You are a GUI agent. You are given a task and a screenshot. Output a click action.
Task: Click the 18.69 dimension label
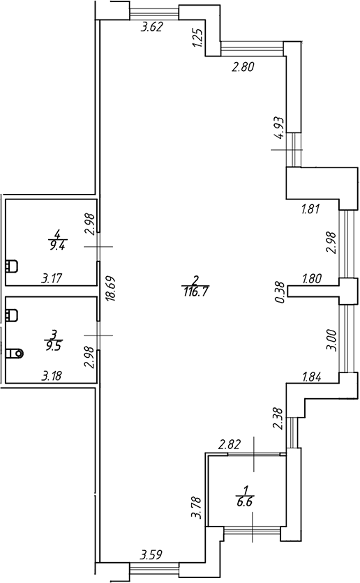pyautogui.click(x=112, y=288)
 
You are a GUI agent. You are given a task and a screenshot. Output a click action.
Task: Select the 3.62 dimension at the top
pyautogui.click(x=151, y=27)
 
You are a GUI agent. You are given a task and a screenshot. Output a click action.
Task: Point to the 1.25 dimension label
pyautogui.click(x=198, y=38)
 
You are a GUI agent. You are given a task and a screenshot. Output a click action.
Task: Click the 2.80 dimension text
pyautogui.click(x=243, y=67)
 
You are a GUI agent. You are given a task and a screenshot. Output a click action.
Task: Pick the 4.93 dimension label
pyautogui.click(x=278, y=128)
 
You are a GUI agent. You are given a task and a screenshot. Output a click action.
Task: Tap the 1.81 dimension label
pyautogui.click(x=310, y=209)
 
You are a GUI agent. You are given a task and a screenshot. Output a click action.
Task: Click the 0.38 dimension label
pyautogui.click(x=280, y=292)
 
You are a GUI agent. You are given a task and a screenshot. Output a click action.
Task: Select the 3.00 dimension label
pyautogui.click(x=331, y=340)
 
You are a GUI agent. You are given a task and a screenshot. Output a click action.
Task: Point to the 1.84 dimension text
pyautogui.click(x=311, y=377)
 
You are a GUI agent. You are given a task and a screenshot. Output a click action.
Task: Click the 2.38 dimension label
pyautogui.click(x=278, y=419)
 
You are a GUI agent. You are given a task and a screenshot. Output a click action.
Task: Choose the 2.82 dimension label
pyautogui.click(x=230, y=444)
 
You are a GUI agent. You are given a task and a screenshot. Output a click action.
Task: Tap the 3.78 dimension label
pyautogui.click(x=195, y=507)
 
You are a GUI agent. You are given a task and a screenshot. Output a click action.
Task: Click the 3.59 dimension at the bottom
pyautogui.click(x=151, y=556)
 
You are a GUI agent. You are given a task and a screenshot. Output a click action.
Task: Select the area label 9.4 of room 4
pyautogui.click(x=58, y=245)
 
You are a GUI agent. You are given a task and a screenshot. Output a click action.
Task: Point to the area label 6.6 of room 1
pyautogui.click(x=244, y=502)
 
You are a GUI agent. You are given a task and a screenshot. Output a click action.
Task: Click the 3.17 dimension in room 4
pyautogui.click(x=52, y=278)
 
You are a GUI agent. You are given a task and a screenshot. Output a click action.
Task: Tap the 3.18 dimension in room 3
pyautogui.click(x=52, y=376)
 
